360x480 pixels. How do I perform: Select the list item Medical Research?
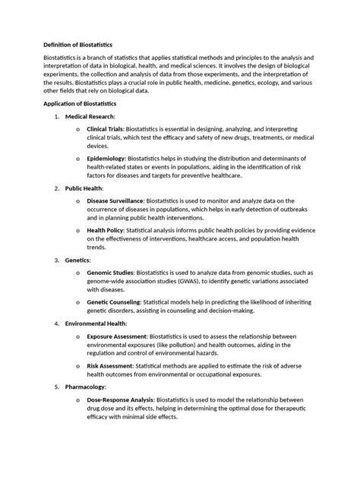pos(90,116)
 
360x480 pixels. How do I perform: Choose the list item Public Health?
pos(84,188)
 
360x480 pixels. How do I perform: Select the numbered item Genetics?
pos(77,260)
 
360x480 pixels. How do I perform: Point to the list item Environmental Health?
pos(95,324)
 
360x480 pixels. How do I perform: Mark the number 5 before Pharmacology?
pos(56,386)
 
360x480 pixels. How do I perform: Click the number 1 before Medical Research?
pos(56,116)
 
